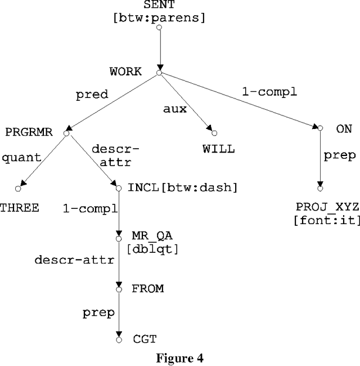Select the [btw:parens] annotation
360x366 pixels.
click(159, 17)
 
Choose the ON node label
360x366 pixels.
click(344, 129)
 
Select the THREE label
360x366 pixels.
click(20, 208)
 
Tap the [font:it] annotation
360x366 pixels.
click(327, 221)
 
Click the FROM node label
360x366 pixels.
click(147, 288)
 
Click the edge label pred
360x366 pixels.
click(92, 95)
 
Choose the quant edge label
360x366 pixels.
click(22, 158)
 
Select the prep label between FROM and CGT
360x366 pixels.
click(99, 312)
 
